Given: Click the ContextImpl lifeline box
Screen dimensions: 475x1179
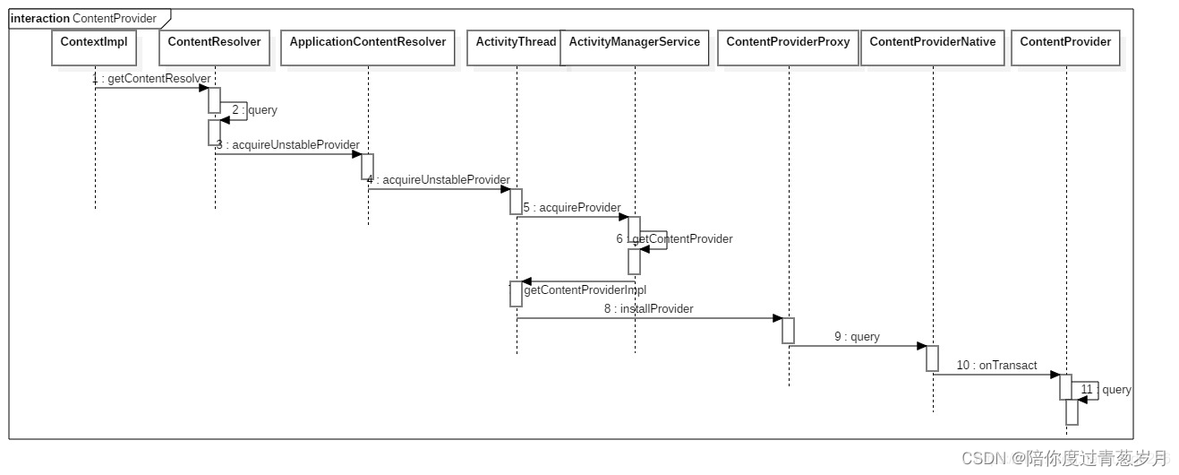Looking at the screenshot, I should tap(94, 47).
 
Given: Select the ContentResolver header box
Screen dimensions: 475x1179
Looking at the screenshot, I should tap(215, 47).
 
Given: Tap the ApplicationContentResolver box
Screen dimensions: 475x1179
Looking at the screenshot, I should tap(368, 47).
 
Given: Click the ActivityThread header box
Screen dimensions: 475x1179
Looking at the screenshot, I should tap(516, 47).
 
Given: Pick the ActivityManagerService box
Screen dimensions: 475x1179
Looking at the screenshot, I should tap(635, 47).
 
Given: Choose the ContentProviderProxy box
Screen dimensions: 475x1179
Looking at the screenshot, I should tap(788, 47).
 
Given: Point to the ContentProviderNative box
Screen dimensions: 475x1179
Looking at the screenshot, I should tap(933, 47).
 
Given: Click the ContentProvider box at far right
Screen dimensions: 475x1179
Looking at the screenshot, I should tap(1065, 47).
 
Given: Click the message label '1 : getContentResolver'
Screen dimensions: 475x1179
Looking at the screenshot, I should tap(151, 79).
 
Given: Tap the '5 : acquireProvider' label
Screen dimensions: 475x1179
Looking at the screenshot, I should tap(572, 208).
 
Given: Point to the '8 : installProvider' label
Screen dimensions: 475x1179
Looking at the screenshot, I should tap(648, 309).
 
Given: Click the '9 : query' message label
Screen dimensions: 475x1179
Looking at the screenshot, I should tap(857, 337).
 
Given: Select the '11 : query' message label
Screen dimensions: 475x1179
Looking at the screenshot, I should tap(1106, 390).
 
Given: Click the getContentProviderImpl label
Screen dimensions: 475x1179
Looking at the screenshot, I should tap(585, 290).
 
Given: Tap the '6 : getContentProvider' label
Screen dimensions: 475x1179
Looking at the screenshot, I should tap(674, 239).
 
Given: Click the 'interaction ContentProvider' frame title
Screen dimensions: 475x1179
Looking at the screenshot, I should tap(83, 18).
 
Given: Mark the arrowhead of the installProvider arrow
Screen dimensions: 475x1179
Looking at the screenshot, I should tap(777, 318).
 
